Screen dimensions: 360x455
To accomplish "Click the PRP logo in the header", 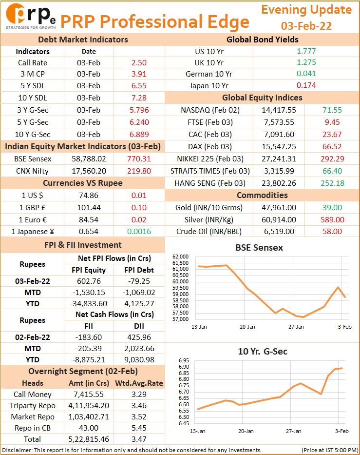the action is point(30,16).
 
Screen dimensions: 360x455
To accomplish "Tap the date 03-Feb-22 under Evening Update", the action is point(306,26).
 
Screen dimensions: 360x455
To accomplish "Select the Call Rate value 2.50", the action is point(139,63).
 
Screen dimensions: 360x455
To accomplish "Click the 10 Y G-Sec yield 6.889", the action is point(139,134).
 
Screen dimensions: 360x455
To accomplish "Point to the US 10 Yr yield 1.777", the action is point(306,51).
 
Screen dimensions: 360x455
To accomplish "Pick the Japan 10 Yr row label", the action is point(209,86).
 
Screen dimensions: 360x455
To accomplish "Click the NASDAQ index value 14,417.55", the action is point(279,110).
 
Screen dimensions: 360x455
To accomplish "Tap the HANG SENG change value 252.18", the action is point(332,183).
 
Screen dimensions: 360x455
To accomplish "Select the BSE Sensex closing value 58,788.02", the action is point(89,158).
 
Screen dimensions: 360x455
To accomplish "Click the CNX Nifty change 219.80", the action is point(139,171).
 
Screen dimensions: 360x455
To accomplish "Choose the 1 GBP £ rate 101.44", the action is point(89,207).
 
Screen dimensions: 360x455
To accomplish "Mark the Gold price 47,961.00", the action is point(279,207).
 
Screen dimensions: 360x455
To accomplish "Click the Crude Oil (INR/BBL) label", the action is point(209,231).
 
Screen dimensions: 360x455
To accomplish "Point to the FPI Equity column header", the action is point(89,270).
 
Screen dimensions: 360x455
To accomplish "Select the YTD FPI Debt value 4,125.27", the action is point(139,303).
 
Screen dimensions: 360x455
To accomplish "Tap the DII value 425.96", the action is point(139,337).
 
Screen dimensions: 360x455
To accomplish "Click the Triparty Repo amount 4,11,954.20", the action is point(89,405).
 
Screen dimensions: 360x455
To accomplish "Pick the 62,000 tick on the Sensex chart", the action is point(180,257).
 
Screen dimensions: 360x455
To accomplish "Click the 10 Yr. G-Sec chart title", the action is point(263,352).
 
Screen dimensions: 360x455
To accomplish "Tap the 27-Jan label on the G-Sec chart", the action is point(293,431).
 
